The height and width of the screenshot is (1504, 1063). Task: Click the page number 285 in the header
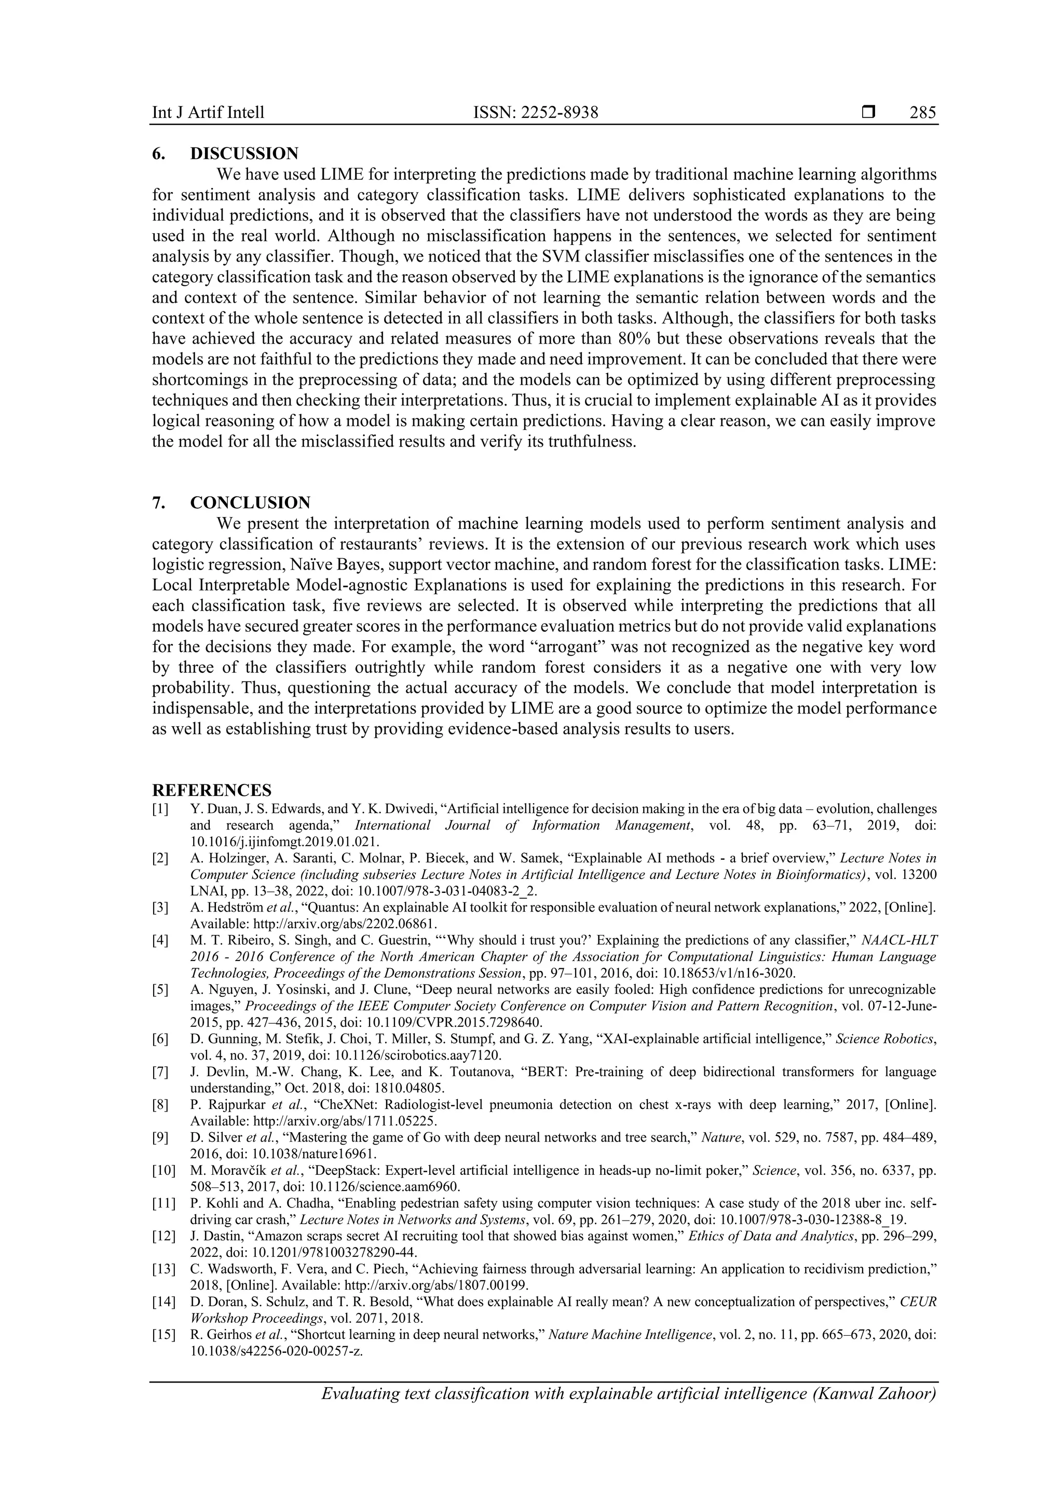922,113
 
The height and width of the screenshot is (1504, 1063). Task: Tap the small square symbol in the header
868,113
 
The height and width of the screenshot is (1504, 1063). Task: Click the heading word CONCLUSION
250,503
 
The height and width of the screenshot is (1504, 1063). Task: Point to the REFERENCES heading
212,790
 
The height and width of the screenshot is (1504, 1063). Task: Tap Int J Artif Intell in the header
208,113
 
